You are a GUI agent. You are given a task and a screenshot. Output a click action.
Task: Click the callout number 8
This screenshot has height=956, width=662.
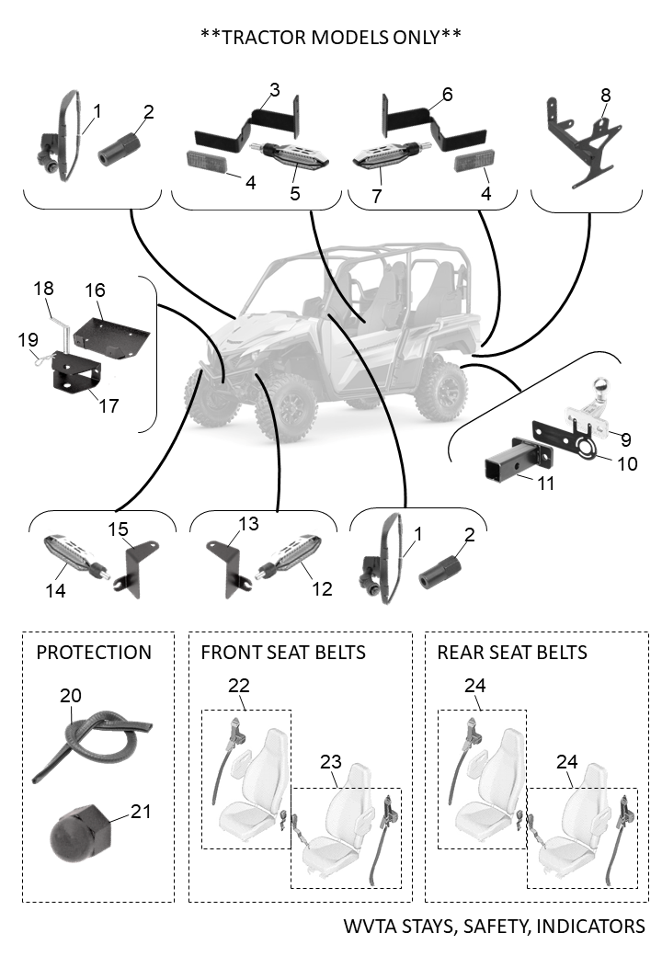(604, 95)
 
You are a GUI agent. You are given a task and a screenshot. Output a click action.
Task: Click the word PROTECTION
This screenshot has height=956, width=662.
(94, 653)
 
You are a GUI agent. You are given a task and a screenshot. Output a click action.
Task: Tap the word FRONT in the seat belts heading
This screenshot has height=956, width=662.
(228, 653)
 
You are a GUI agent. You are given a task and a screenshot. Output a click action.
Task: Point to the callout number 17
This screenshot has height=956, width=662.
(109, 404)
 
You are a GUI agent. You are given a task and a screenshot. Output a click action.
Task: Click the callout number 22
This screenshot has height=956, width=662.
(238, 686)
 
